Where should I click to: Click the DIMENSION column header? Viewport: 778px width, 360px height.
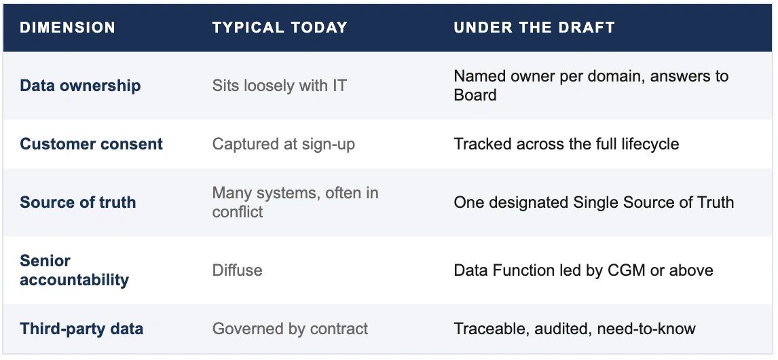coord(67,27)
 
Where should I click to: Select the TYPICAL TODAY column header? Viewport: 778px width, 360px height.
coord(280,27)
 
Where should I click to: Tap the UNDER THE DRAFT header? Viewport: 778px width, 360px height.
coord(534,27)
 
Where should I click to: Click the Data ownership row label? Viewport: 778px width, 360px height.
coord(80,86)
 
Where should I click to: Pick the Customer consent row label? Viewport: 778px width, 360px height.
coord(91,144)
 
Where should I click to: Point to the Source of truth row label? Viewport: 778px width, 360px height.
coord(78,202)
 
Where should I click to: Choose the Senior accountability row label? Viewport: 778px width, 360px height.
coord(75,270)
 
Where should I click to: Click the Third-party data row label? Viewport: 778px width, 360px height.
coord(81,329)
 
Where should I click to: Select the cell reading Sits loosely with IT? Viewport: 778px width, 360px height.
coord(279,86)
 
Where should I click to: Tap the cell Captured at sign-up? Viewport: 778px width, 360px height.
coord(284,144)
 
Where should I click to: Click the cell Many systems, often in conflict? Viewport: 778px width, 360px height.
coord(295,202)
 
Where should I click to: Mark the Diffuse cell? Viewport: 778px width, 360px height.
coord(237,270)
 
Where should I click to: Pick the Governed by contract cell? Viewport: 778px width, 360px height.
coord(291,329)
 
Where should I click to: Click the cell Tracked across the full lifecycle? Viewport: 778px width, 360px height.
coord(566,144)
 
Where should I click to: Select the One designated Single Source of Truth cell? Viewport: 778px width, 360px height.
coord(594,202)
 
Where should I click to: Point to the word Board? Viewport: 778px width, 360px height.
coord(475,95)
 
